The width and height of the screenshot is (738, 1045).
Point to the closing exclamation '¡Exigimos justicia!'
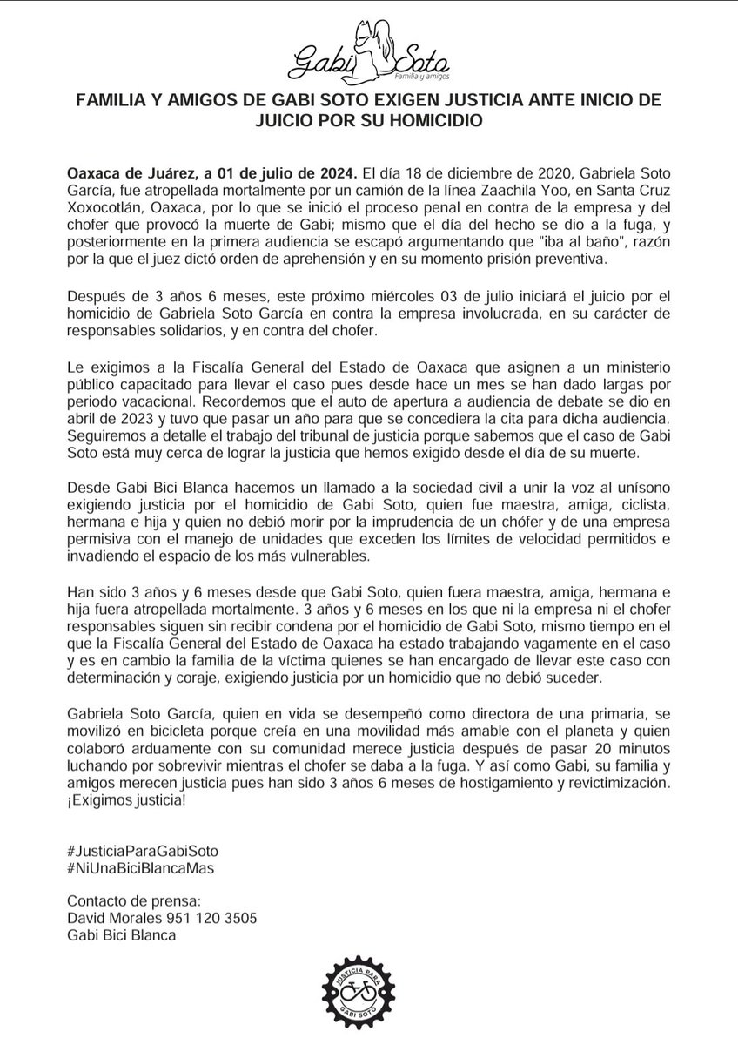pyautogui.click(x=126, y=800)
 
